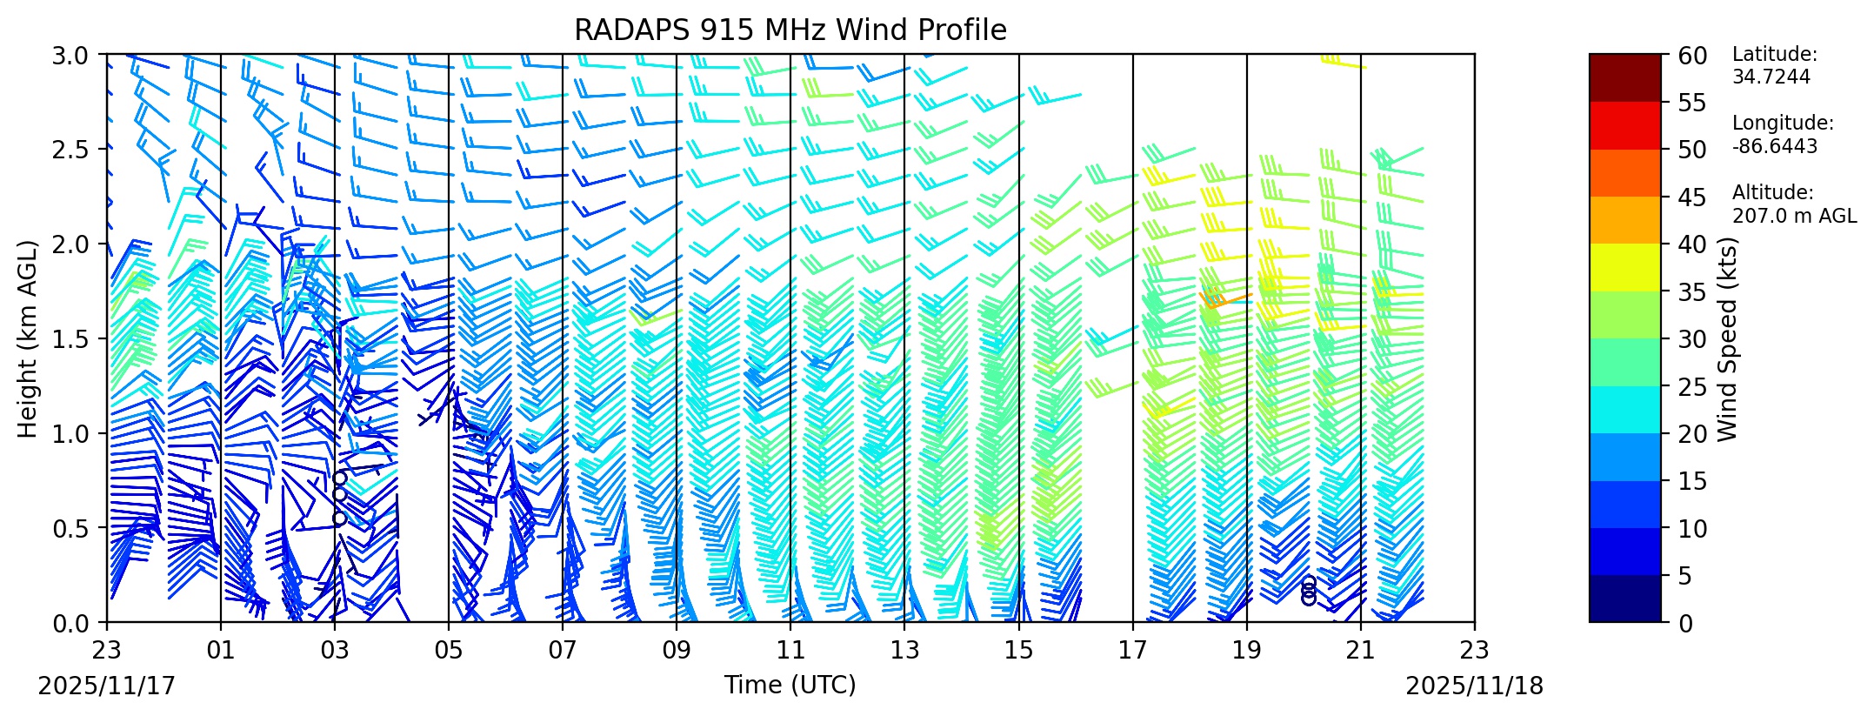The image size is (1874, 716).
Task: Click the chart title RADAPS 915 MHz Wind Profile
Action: [x=790, y=30]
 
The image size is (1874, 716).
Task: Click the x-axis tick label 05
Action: [x=449, y=650]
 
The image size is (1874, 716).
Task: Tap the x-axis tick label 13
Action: [x=904, y=650]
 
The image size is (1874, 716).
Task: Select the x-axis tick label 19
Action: [x=1246, y=650]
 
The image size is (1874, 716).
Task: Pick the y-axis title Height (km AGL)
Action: [x=29, y=338]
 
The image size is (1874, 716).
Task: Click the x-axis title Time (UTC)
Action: [x=790, y=686]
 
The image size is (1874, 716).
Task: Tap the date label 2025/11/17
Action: [x=107, y=686]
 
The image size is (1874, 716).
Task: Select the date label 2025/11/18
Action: [x=1474, y=686]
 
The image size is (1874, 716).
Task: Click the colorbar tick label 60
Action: [x=1692, y=57]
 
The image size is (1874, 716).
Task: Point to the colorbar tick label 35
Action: [x=1692, y=292]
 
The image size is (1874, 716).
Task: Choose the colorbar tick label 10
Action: [x=1692, y=529]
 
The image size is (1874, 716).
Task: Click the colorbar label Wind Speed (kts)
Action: [x=1727, y=338]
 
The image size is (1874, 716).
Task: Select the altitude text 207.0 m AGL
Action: [x=1793, y=216]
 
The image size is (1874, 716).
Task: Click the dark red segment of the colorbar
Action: [x=1624, y=77]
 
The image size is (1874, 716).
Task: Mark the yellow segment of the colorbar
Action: [x=1624, y=267]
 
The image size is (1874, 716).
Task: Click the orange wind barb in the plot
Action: [x=1222, y=300]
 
